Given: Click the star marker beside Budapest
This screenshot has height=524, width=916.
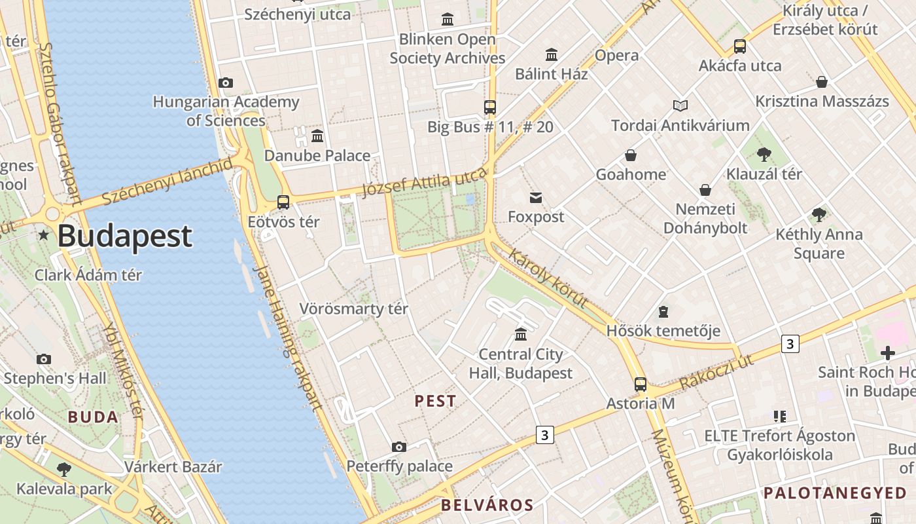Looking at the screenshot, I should [x=43, y=234].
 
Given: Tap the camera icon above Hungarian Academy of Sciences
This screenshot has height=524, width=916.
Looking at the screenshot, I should [x=226, y=83].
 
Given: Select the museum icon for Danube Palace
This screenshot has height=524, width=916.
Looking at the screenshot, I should [x=317, y=136].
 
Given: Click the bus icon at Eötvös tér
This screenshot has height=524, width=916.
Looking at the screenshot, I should [x=283, y=202].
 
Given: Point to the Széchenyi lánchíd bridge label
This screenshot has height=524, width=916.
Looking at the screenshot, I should [x=166, y=181].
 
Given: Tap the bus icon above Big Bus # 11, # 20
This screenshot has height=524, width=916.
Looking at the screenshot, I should [x=490, y=107].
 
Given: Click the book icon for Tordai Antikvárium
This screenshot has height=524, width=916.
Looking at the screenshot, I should [x=680, y=105].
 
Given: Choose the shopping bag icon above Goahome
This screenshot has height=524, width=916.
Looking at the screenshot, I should [x=631, y=155].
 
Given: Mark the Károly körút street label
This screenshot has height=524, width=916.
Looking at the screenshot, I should [x=548, y=278].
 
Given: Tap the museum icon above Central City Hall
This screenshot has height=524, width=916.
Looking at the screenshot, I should [x=521, y=335].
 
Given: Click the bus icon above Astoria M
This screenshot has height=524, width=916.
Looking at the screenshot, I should [x=641, y=384].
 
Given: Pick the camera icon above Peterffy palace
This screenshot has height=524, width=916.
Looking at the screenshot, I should [x=399, y=447].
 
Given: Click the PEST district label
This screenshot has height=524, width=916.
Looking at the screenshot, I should [x=436, y=402].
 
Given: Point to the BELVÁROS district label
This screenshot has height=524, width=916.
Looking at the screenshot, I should [x=487, y=505].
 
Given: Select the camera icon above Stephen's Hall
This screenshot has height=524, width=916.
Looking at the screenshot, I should [x=44, y=359].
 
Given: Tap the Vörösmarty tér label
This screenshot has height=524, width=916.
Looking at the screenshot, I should [x=353, y=309].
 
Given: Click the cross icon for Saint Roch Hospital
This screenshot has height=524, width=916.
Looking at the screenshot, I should [x=888, y=354].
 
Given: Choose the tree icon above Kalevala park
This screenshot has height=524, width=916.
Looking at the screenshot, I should [x=63, y=469].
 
